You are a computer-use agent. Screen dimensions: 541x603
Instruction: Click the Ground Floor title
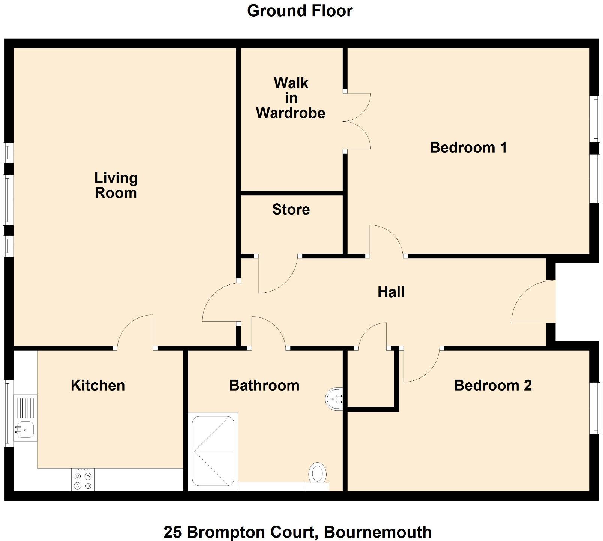[x=300, y=11]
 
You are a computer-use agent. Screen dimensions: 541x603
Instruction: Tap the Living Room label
[x=115, y=185]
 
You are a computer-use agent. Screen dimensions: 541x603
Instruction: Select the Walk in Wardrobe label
[x=291, y=98]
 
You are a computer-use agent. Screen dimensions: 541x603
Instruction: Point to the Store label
[x=291, y=209]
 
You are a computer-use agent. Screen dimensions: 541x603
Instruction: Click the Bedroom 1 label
[x=468, y=147]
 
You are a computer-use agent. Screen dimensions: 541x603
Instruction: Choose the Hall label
[x=391, y=292]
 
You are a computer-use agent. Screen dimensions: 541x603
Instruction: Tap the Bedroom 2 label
[x=492, y=385]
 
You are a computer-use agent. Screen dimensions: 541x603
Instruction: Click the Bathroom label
[x=264, y=385]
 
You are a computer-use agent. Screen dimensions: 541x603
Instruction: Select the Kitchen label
[x=98, y=385]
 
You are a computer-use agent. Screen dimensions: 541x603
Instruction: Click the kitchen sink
[x=25, y=429]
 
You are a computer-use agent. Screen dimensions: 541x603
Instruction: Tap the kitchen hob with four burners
[x=83, y=480]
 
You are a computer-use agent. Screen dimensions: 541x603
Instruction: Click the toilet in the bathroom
[x=317, y=474]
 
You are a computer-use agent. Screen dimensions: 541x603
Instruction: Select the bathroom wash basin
[x=334, y=398]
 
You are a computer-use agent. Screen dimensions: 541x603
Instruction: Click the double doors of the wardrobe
[x=357, y=121]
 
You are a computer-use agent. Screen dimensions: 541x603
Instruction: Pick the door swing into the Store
[x=277, y=274]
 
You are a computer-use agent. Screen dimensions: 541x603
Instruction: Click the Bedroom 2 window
[x=594, y=408]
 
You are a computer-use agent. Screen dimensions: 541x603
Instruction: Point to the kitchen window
[x=8, y=413]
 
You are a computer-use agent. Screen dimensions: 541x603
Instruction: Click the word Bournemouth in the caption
[x=378, y=532]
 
